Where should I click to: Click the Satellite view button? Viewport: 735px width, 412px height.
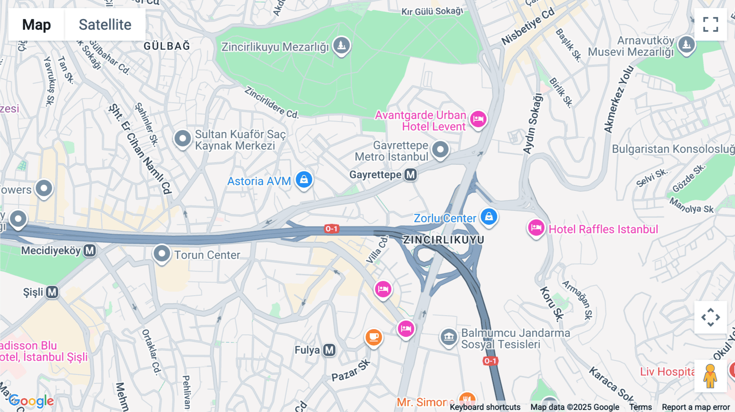(105, 24)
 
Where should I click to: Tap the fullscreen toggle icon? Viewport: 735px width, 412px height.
(710, 24)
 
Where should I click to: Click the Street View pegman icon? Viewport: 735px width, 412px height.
(710, 376)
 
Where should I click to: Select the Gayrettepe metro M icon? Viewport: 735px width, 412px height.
(410, 175)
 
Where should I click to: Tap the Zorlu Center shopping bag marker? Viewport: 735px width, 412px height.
(489, 217)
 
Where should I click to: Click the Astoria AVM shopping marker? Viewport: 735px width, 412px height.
(304, 179)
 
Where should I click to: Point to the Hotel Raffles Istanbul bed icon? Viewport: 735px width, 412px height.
(536, 228)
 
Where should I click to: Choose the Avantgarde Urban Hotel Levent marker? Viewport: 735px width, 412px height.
(478, 120)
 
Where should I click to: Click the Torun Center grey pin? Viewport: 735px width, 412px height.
(162, 254)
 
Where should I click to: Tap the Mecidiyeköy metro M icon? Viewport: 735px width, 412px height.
(90, 250)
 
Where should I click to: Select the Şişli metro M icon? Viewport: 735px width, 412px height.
(52, 292)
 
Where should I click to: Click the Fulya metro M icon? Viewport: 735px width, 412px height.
(329, 350)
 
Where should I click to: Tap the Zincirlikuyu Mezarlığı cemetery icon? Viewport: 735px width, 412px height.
(341, 45)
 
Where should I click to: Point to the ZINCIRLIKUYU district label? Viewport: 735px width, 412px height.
(443, 240)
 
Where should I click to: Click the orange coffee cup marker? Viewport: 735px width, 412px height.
(373, 337)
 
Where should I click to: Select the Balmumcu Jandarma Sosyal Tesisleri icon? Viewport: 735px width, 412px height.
(448, 337)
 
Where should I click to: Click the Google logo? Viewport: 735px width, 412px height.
(31, 401)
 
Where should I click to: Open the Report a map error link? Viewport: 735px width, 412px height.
(695, 407)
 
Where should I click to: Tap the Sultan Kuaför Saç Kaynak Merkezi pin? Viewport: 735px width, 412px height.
(183, 139)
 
